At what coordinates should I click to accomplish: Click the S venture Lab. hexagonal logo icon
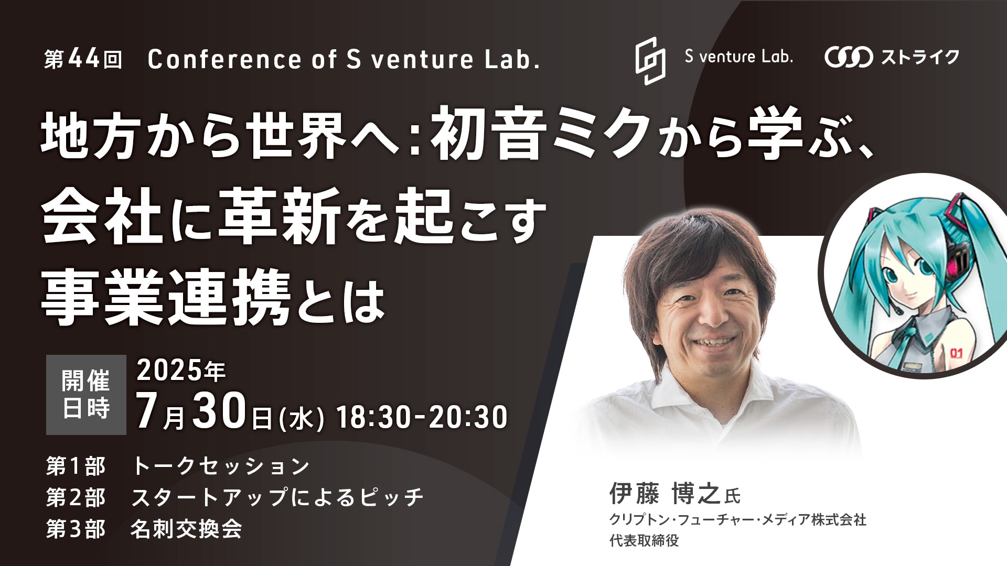click(650, 61)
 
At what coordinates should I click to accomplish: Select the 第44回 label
click(83, 59)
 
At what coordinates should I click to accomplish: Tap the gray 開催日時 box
click(86, 395)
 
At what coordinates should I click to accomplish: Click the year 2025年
click(181, 371)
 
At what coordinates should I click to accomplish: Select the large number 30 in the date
click(220, 412)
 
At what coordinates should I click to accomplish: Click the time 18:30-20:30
click(422, 417)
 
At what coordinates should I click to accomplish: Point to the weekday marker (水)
click(301, 418)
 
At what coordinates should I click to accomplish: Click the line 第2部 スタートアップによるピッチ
click(234, 497)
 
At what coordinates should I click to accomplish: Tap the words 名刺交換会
click(186, 529)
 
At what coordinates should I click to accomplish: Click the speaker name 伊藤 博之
click(666, 494)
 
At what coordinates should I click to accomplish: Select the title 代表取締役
click(644, 541)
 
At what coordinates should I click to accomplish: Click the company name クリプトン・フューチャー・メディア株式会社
click(737, 520)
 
